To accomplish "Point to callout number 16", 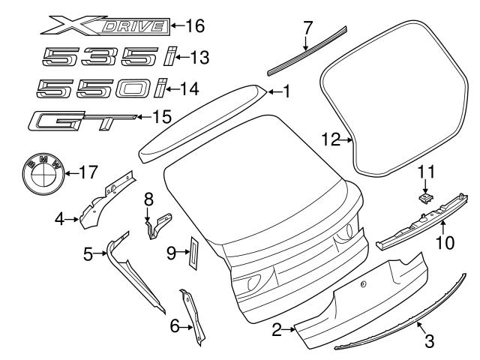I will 194,26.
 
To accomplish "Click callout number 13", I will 199,57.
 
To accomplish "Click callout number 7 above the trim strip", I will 307,29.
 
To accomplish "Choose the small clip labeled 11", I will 425,196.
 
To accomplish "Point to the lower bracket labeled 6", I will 193,319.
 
